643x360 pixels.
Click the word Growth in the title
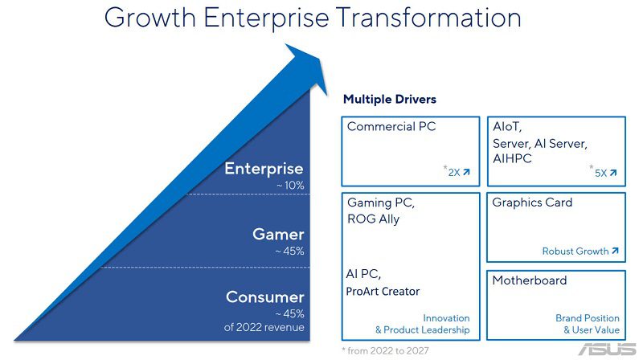click(x=150, y=17)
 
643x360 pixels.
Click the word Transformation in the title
click(x=428, y=17)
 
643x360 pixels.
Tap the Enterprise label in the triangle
click(x=264, y=169)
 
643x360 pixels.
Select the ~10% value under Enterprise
click(x=290, y=186)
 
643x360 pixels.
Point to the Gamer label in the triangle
click(x=278, y=234)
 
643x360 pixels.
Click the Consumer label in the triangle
click(x=265, y=297)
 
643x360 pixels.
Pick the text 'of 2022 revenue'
click(x=264, y=327)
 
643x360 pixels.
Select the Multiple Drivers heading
click(x=390, y=99)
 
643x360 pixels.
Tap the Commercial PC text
click(x=391, y=126)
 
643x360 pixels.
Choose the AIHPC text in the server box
click(x=512, y=158)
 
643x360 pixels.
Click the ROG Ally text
click(x=373, y=219)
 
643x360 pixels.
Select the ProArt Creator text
click(x=383, y=292)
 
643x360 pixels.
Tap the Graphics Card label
click(x=532, y=202)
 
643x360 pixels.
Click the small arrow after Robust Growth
click(x=615, y=251)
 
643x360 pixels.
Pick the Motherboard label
click(x=530, y=280)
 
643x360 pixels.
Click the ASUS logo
click(x=608, y=350)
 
